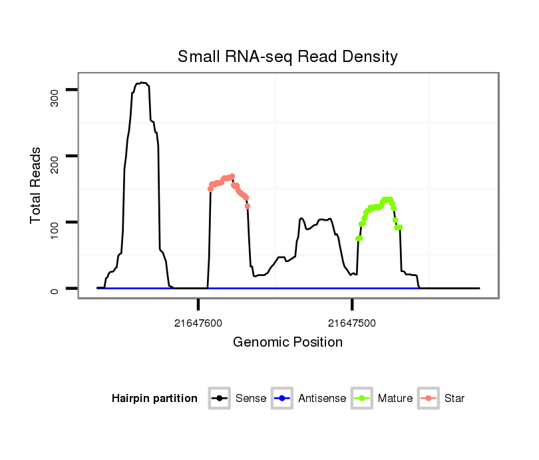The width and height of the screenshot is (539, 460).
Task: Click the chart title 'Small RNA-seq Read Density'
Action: pyautogui.click(x=287, y=57)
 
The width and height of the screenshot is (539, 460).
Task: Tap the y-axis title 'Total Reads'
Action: pyautogui.click(x=37, y=185)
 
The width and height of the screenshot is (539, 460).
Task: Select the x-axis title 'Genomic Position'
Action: pyautogui.click(x=287, y=343)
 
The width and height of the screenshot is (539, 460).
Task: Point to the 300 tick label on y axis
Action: pyautogui.click(x=55, y=99)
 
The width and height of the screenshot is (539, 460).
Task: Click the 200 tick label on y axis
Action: pyautogui.click(x=55, y=165)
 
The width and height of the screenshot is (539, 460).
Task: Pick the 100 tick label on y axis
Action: pyautogui.click(x=55, y=231)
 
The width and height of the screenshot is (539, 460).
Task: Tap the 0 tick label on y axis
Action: pyautogui.click(x=55, y=289)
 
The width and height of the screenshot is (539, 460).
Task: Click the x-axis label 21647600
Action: pyautogui.click(x=198, y=323)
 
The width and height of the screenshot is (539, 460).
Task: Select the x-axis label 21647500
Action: pyautogui.click(x=352, y=323)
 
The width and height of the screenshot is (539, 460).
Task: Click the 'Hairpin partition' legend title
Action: pyautogui.click(x=154, y=399)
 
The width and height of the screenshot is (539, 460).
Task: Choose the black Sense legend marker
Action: pyautogui.click(x=219, y=399)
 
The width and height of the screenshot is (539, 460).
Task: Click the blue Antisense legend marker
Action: pyautogui.click(x=281, y=399)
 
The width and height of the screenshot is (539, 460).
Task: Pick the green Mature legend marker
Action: pyautogui.click(x=361, y=399)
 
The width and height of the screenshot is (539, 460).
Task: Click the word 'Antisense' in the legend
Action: pyautogui.click(x=322, y=399)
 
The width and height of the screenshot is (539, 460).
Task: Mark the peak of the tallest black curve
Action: pyautogui.click(x=142, y=83)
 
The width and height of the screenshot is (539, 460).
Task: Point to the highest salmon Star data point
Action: pyautogui.click(x=232, y=176)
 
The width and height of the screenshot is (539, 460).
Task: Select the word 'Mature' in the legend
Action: pyautogui.click(x=395, y=399)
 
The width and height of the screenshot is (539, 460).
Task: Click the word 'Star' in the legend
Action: pyautogui.click(x=455, y=399)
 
